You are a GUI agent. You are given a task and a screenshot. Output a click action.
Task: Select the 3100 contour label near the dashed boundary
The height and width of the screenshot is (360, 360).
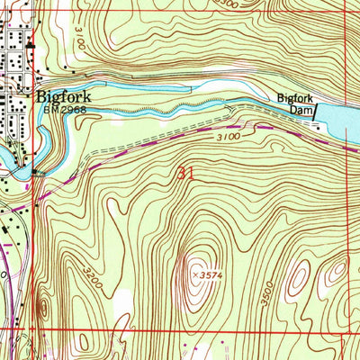tap(229, 137)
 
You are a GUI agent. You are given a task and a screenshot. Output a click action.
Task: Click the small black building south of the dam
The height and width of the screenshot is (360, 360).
tap(316, 128)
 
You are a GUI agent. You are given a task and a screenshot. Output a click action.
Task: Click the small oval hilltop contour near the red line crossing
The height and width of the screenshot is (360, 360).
tap(44, 309)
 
